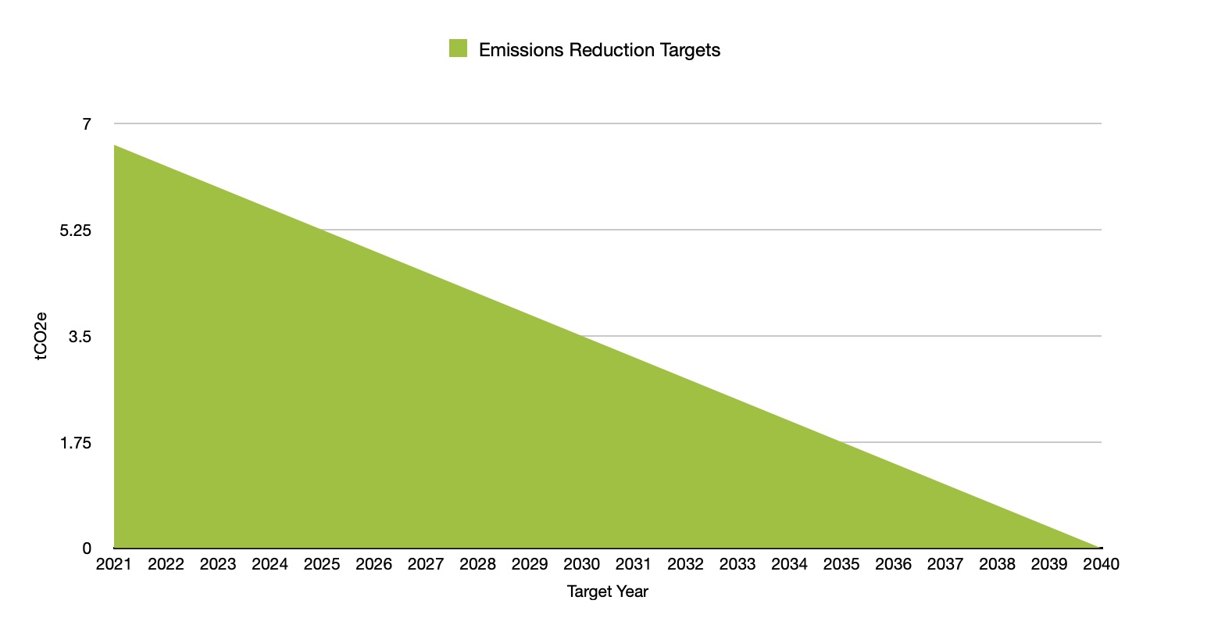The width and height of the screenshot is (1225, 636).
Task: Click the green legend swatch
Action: pos(458,48)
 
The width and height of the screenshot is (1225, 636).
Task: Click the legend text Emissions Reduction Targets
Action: pos(599,50)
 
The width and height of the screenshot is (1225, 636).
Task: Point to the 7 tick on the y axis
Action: pos(87,123)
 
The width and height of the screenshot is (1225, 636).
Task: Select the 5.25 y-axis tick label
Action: pos(76,230)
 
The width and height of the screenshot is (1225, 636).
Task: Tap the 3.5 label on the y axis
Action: pos(80,337)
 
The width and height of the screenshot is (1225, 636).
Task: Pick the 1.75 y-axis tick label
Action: pos(76,443)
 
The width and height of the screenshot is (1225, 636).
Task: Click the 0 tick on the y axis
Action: pos(87,548)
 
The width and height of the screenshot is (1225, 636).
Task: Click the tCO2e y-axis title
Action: pos(41,336)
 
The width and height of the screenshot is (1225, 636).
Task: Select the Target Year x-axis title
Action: pos(607,591)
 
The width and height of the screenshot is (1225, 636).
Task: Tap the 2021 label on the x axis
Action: pos(114,564)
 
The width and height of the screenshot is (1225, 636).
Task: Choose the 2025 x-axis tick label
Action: pos(322,564)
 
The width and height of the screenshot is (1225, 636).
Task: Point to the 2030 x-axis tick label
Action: pos(581,564)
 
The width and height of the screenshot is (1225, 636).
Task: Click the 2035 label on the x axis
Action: pos(841,564)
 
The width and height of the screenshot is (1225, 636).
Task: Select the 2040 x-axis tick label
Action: pos(1101,564)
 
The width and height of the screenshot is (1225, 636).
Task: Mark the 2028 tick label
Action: pos(477,564)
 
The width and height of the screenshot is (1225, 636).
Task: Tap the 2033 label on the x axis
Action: pos(737,564)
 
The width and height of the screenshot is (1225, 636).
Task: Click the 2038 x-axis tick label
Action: pos(997,564)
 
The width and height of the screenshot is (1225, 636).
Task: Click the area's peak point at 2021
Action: pos(115,145)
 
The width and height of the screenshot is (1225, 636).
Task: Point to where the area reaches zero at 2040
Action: pos(1101,548)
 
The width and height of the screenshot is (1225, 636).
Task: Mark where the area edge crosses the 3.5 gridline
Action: pos(581,336)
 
